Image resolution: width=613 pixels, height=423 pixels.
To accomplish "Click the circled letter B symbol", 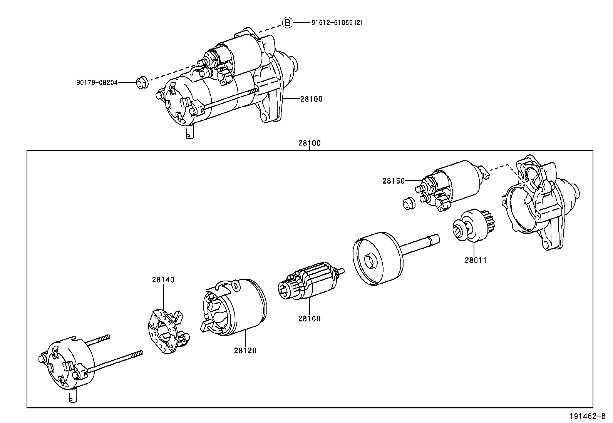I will (288, 23).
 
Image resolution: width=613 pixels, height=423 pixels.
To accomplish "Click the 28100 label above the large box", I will (309, 143).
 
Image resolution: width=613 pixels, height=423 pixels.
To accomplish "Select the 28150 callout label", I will (394, 181).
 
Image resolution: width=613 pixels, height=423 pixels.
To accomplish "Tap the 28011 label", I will (476, 260).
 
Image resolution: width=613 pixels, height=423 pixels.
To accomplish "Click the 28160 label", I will (309, 319).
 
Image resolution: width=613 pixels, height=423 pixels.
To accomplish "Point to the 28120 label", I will (245, 351).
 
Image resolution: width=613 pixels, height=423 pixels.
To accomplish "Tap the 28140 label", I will (163, 280).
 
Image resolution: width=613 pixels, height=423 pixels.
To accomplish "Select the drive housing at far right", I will (539, 204).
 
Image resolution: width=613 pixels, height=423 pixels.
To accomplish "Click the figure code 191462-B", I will (587, 416).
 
